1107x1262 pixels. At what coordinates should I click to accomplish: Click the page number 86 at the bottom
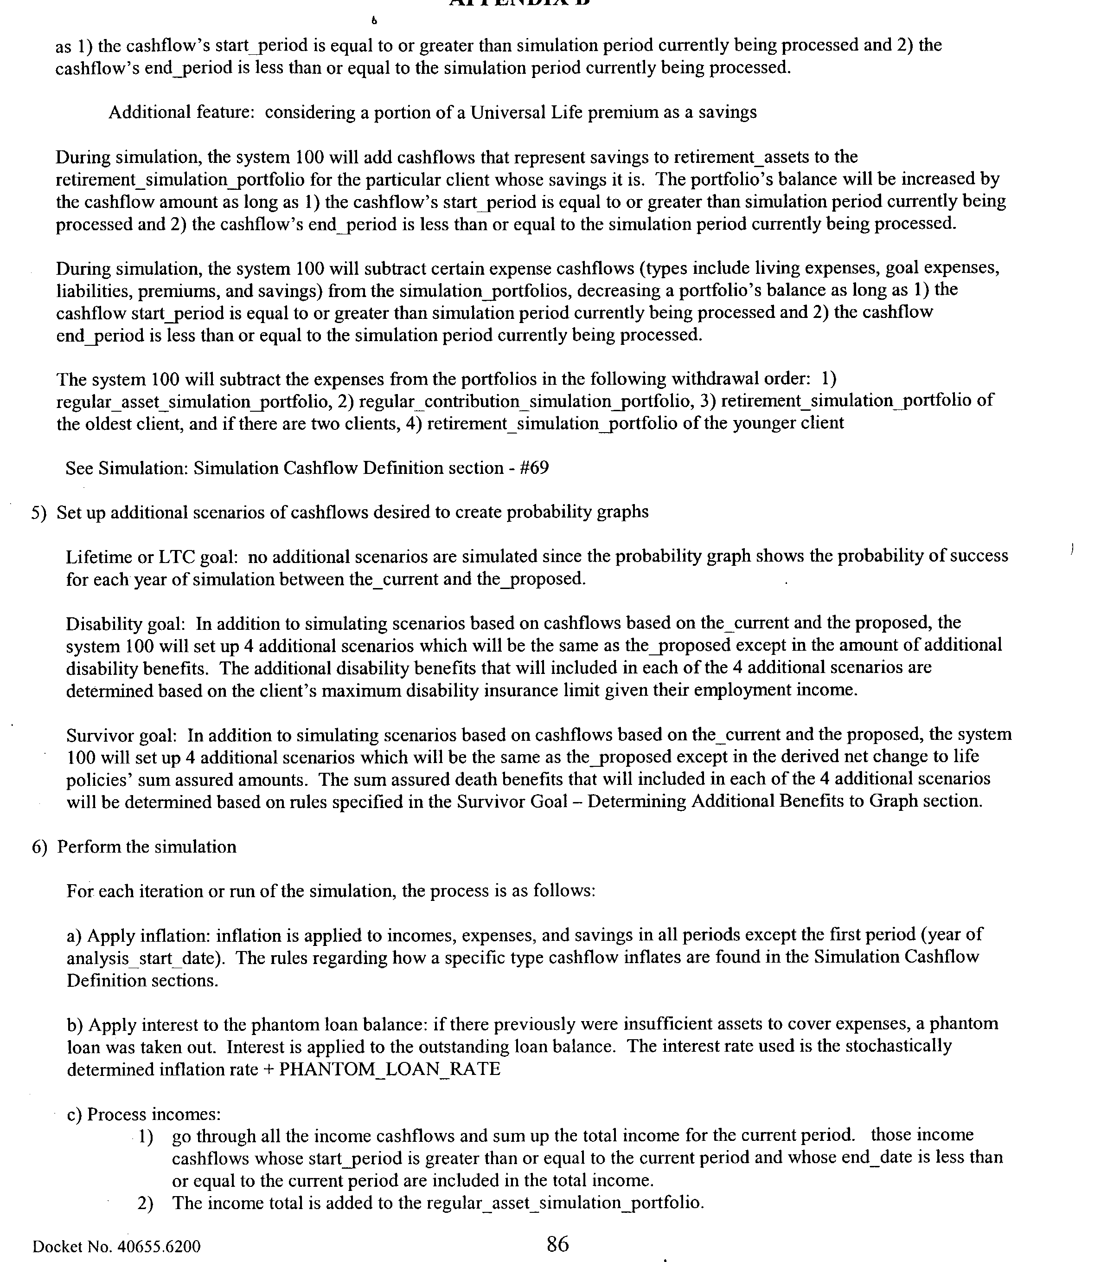(x=557, y=1243)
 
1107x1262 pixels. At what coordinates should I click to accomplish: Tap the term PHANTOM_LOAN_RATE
(x=390, y=1069)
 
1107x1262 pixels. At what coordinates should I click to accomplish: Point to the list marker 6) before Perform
(x=39, y=847)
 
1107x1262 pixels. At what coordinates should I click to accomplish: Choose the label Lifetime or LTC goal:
(x=152, y=557)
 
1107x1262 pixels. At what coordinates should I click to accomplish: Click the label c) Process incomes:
(x=143, y=1114)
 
